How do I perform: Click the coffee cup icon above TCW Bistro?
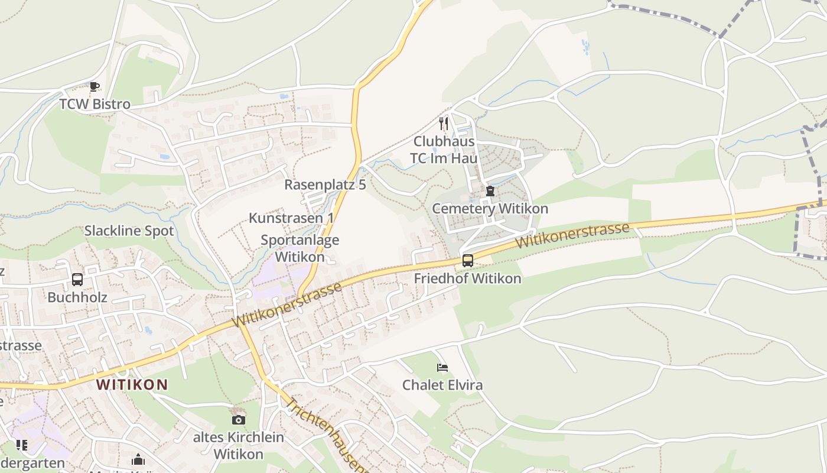tap(95, 87)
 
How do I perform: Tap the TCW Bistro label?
tap(95, 105)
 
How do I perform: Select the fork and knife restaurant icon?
tap(444, 124)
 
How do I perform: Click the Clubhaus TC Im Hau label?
tap(444, 150)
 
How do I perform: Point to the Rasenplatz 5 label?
tap(325, 184)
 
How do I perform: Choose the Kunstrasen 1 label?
tap(291, 218)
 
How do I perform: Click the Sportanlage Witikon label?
tap(300, 248)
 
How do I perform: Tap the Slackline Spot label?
tap(129, 231)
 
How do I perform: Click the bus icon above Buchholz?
tap(77, 280)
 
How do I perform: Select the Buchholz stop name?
tap(77, 297)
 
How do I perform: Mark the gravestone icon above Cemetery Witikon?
tap(490, 191)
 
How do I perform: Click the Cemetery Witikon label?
tap(490, 209)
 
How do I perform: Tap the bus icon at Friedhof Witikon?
tap(468, 261)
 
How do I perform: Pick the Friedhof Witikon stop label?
tap(468, 278)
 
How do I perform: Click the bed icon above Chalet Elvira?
tap(442, 368)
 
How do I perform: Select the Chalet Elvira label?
tap(442, 385)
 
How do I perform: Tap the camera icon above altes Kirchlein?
tap(238, 420)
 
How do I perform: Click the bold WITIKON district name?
tap(132, 385)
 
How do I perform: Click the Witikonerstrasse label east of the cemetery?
tap(571, 235)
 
